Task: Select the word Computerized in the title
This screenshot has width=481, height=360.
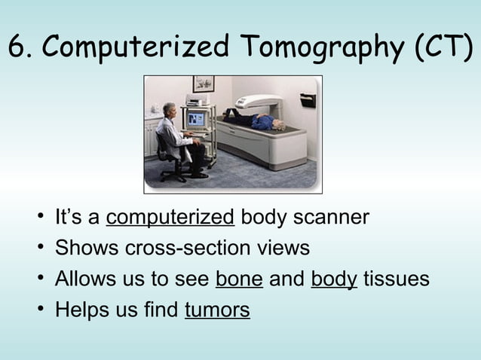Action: pos(133,48)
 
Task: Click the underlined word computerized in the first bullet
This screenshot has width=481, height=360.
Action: pos(170,218)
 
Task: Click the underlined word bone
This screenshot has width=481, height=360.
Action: pos(239,279)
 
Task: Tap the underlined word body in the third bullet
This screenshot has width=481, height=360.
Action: pos(334,279)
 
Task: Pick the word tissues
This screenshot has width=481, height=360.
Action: pos(397,279)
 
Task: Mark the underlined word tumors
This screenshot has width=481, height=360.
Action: pos(217,310)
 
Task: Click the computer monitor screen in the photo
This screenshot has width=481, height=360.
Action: pos(195,119)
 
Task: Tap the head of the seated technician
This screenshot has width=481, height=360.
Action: pos(170,108)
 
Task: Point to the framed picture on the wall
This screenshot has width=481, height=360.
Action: pos(203,83)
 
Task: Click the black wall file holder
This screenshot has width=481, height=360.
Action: pos(307,99)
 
